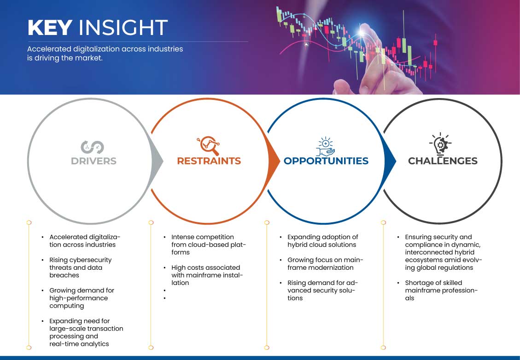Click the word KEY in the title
tap(50, 27)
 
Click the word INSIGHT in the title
tap(123, 27)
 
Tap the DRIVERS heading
tap(93, 161)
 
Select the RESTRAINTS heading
tap(209, 161)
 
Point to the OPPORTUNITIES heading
tap(326, 161)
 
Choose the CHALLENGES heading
tap(443, 161)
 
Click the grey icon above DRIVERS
tap(92, 147)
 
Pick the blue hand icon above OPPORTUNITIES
tap(325, 146)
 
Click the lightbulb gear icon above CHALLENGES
tap(440, 144)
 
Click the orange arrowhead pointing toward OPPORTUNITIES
tap(274, 162)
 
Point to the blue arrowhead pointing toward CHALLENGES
tap(390, 162)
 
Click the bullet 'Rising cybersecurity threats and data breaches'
tap(80, 267)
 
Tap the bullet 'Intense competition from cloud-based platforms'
tap(209, 244)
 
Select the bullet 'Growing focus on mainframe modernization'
tap(325, 264)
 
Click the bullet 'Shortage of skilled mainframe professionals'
tap(441, 290)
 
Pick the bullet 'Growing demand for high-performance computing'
tap(82, 298)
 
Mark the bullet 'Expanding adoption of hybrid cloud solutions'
tap(323, 241)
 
